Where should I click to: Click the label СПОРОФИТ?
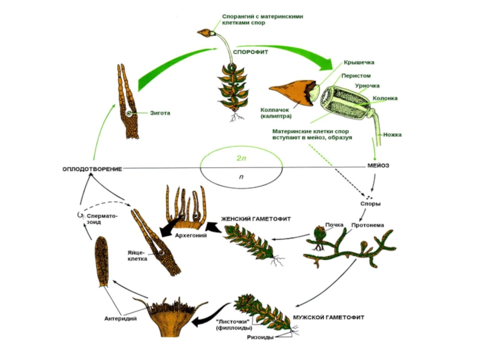pyautogui.click(x=250, y=52)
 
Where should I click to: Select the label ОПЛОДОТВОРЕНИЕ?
pyautogui.click(x=92, y=169)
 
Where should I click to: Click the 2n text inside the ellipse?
pyautogui.click(x=241, y=158)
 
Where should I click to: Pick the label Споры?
pyautogui.click(x=370, y=203)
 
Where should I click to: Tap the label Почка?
pyautogui.click(x=334, y=225)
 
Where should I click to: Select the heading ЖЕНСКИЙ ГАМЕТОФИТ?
pyautogui.click(x=256, y=218)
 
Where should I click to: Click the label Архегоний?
pyautogui.click(x=190, y=236)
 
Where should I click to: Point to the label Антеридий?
pyautogui.click(x=121, y=318)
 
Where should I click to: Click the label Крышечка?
pyautogui.click(x=359, y=62)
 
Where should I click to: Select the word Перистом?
pyautogui.click(x=356, y=76)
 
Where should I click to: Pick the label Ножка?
pyautogui.click(x=392, y=134)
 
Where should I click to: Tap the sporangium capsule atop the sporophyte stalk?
pyautogui.click(x=205, y=32)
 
